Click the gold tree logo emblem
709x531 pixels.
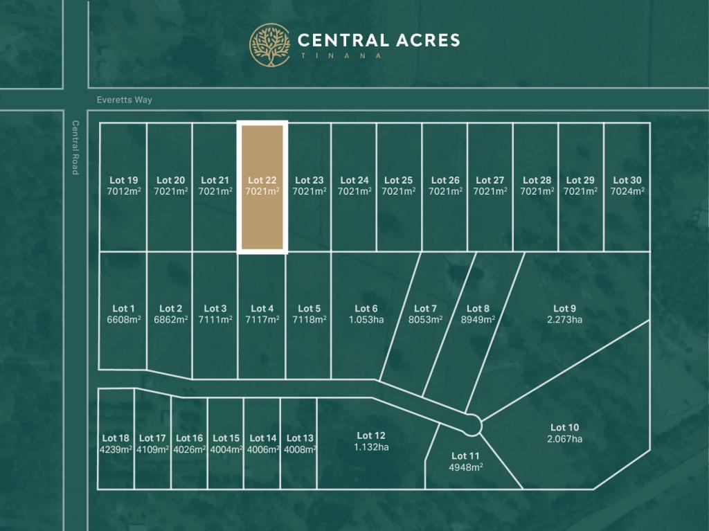pos(270,45)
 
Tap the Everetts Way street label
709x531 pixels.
pos(124,100)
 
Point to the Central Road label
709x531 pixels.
pos(75,147)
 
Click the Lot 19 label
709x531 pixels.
pos(123,180)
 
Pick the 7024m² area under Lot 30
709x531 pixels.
pos(627,191)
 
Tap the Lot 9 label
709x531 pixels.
pos(564,308)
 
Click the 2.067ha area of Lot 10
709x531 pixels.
pos(564,439)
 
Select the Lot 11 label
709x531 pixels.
pos(465,456)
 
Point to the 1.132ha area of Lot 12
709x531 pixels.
pos(371,447)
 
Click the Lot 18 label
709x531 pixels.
pos(116,438)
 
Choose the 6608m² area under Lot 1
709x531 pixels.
pos(123,319)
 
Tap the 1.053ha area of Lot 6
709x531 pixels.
pos(366,319)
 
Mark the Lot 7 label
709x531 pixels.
pos(425,308)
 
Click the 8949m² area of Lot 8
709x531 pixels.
pos(478,319)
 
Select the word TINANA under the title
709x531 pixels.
pos(340,56)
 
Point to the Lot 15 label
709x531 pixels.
pos(226,438)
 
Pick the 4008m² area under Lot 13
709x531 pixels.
pos(300,449)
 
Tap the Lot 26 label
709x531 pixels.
pos(445,180)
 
